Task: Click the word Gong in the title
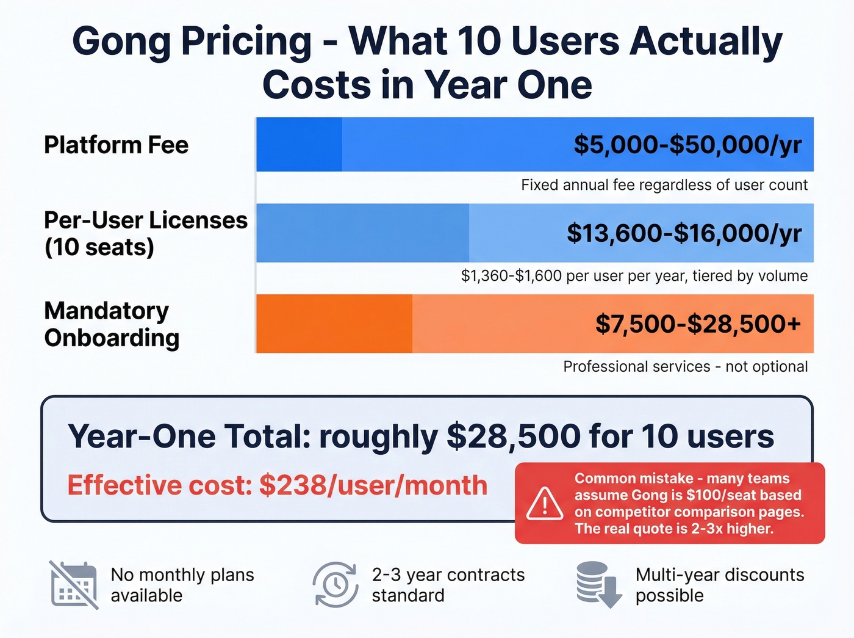[121, 42]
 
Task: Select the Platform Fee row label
[116, 145]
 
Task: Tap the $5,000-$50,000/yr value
[687, 145]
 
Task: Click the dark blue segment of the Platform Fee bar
[299, 145]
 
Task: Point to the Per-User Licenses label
[145, 220]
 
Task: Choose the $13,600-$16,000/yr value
[684, 233]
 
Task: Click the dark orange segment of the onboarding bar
[334, 324]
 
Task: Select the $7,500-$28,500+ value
[698, 324]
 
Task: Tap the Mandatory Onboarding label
[112, 324]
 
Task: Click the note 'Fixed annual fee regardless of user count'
[664, 185]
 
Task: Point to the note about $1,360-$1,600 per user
[634, 276]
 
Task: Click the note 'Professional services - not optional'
[685, 366]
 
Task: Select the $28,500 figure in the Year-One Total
[514, 437]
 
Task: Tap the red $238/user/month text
[373, 486]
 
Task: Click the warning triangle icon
[544, 504]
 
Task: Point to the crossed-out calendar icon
[74, 585]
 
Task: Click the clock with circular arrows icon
[335, 585]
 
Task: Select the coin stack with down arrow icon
[598, 585]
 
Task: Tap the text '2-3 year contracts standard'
[448, 585]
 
